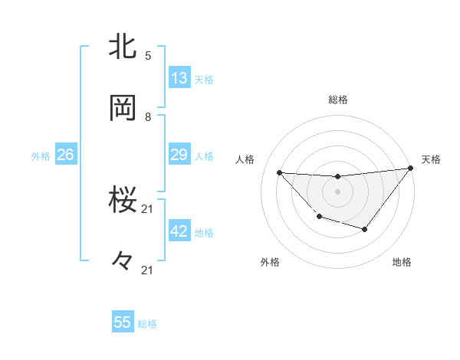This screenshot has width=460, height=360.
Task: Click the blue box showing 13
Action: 179,78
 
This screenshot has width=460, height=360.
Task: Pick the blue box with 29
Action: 179,155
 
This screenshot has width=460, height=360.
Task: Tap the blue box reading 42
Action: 179,231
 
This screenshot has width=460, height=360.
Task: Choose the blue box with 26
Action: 65,155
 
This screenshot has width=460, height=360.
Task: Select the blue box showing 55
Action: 123,322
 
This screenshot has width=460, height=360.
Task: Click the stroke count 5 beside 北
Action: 148,55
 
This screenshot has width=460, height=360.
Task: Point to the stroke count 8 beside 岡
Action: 148,116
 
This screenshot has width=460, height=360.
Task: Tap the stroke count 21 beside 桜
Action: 148,208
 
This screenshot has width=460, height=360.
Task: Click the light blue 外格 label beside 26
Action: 41,156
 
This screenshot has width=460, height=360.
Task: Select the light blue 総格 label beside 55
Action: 147,324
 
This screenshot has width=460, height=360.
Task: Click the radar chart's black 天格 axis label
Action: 431,159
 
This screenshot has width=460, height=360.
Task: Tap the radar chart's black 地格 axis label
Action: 402,262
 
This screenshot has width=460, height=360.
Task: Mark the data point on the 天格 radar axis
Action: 411,168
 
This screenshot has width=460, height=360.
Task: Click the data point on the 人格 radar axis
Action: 280,172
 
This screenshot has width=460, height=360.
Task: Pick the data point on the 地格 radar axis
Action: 365,230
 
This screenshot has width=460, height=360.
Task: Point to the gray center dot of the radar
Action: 337,191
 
